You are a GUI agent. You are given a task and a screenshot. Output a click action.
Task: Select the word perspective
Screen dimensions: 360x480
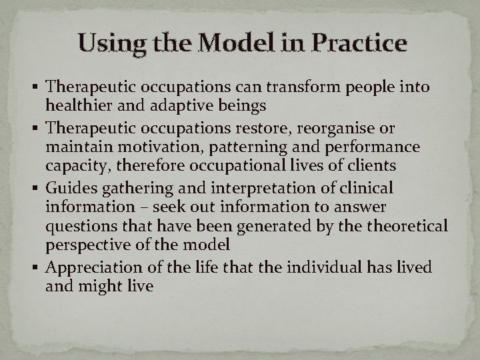coord(84,244)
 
